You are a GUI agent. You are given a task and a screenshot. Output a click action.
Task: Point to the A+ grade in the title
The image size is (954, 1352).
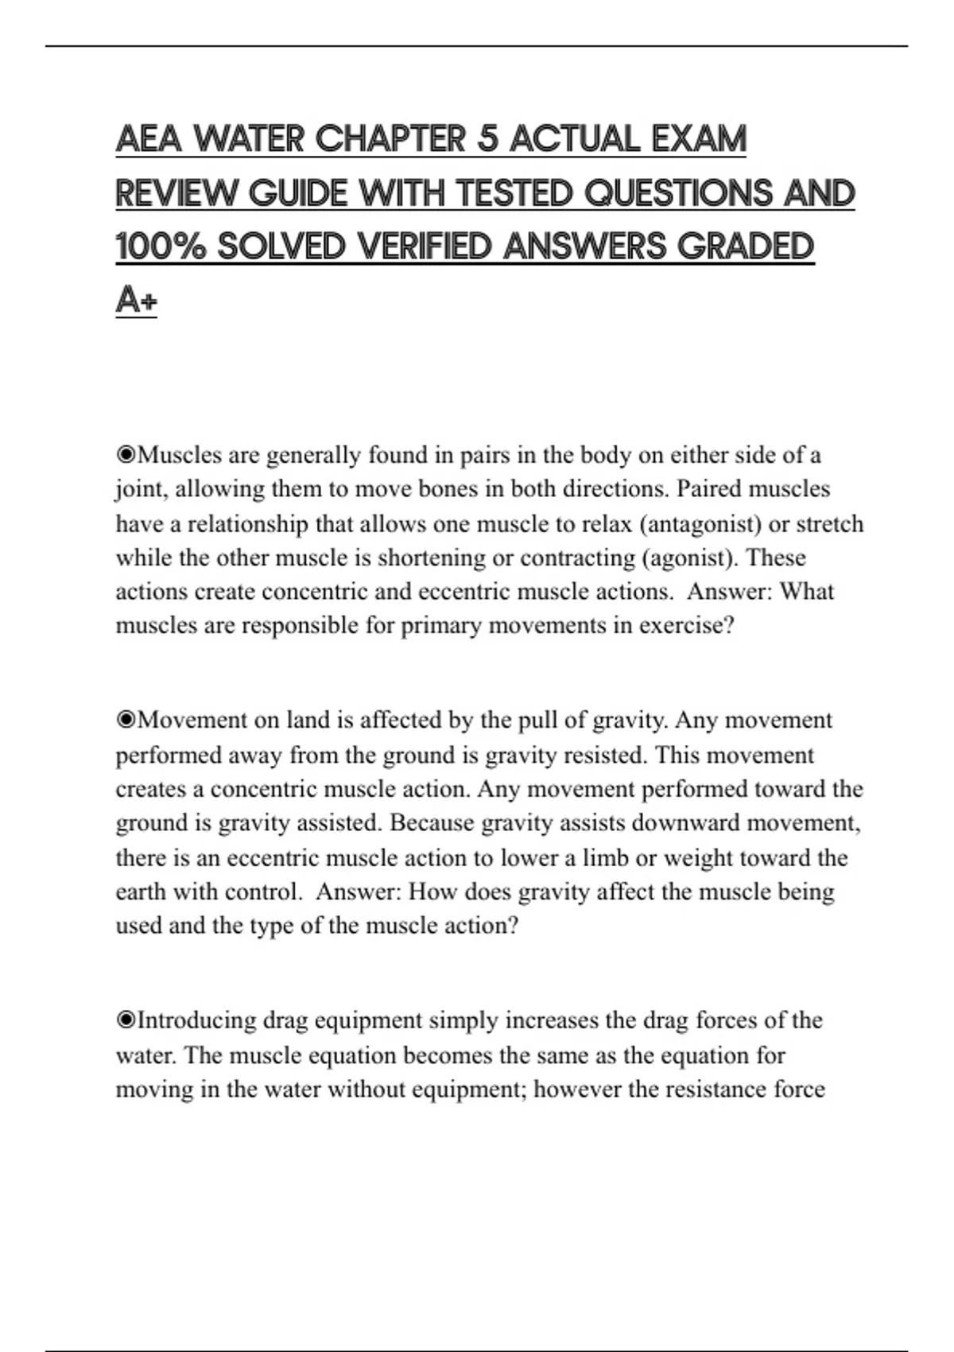pyautogui.click(x=136, y=301)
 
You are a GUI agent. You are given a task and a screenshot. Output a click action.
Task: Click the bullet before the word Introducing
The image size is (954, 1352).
pyautogui.click(x=126, y=1020)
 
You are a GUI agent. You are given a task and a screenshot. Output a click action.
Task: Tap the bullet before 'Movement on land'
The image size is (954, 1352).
pyautogui.click(x=126, y=721)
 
